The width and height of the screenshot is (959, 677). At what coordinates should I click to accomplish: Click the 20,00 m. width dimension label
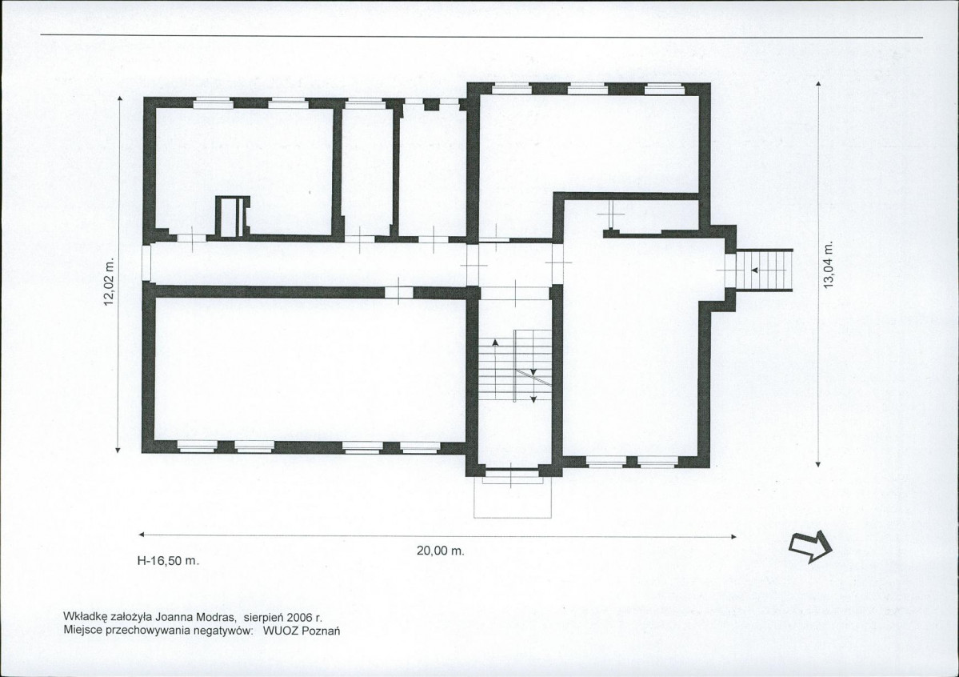[441, 551]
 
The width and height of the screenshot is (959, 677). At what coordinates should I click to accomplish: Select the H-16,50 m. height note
[169, 560]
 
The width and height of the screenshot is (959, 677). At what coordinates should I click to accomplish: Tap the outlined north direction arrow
[811, 546]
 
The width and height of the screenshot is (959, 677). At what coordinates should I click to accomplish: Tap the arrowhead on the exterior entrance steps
[755, 270]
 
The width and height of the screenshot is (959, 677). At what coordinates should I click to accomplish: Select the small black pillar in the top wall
[432, 104]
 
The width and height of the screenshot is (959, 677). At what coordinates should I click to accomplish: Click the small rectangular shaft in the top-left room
[233, 216]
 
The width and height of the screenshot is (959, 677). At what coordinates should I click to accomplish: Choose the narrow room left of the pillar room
[367, 170]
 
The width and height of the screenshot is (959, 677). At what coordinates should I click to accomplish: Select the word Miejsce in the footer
[82, 631]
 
